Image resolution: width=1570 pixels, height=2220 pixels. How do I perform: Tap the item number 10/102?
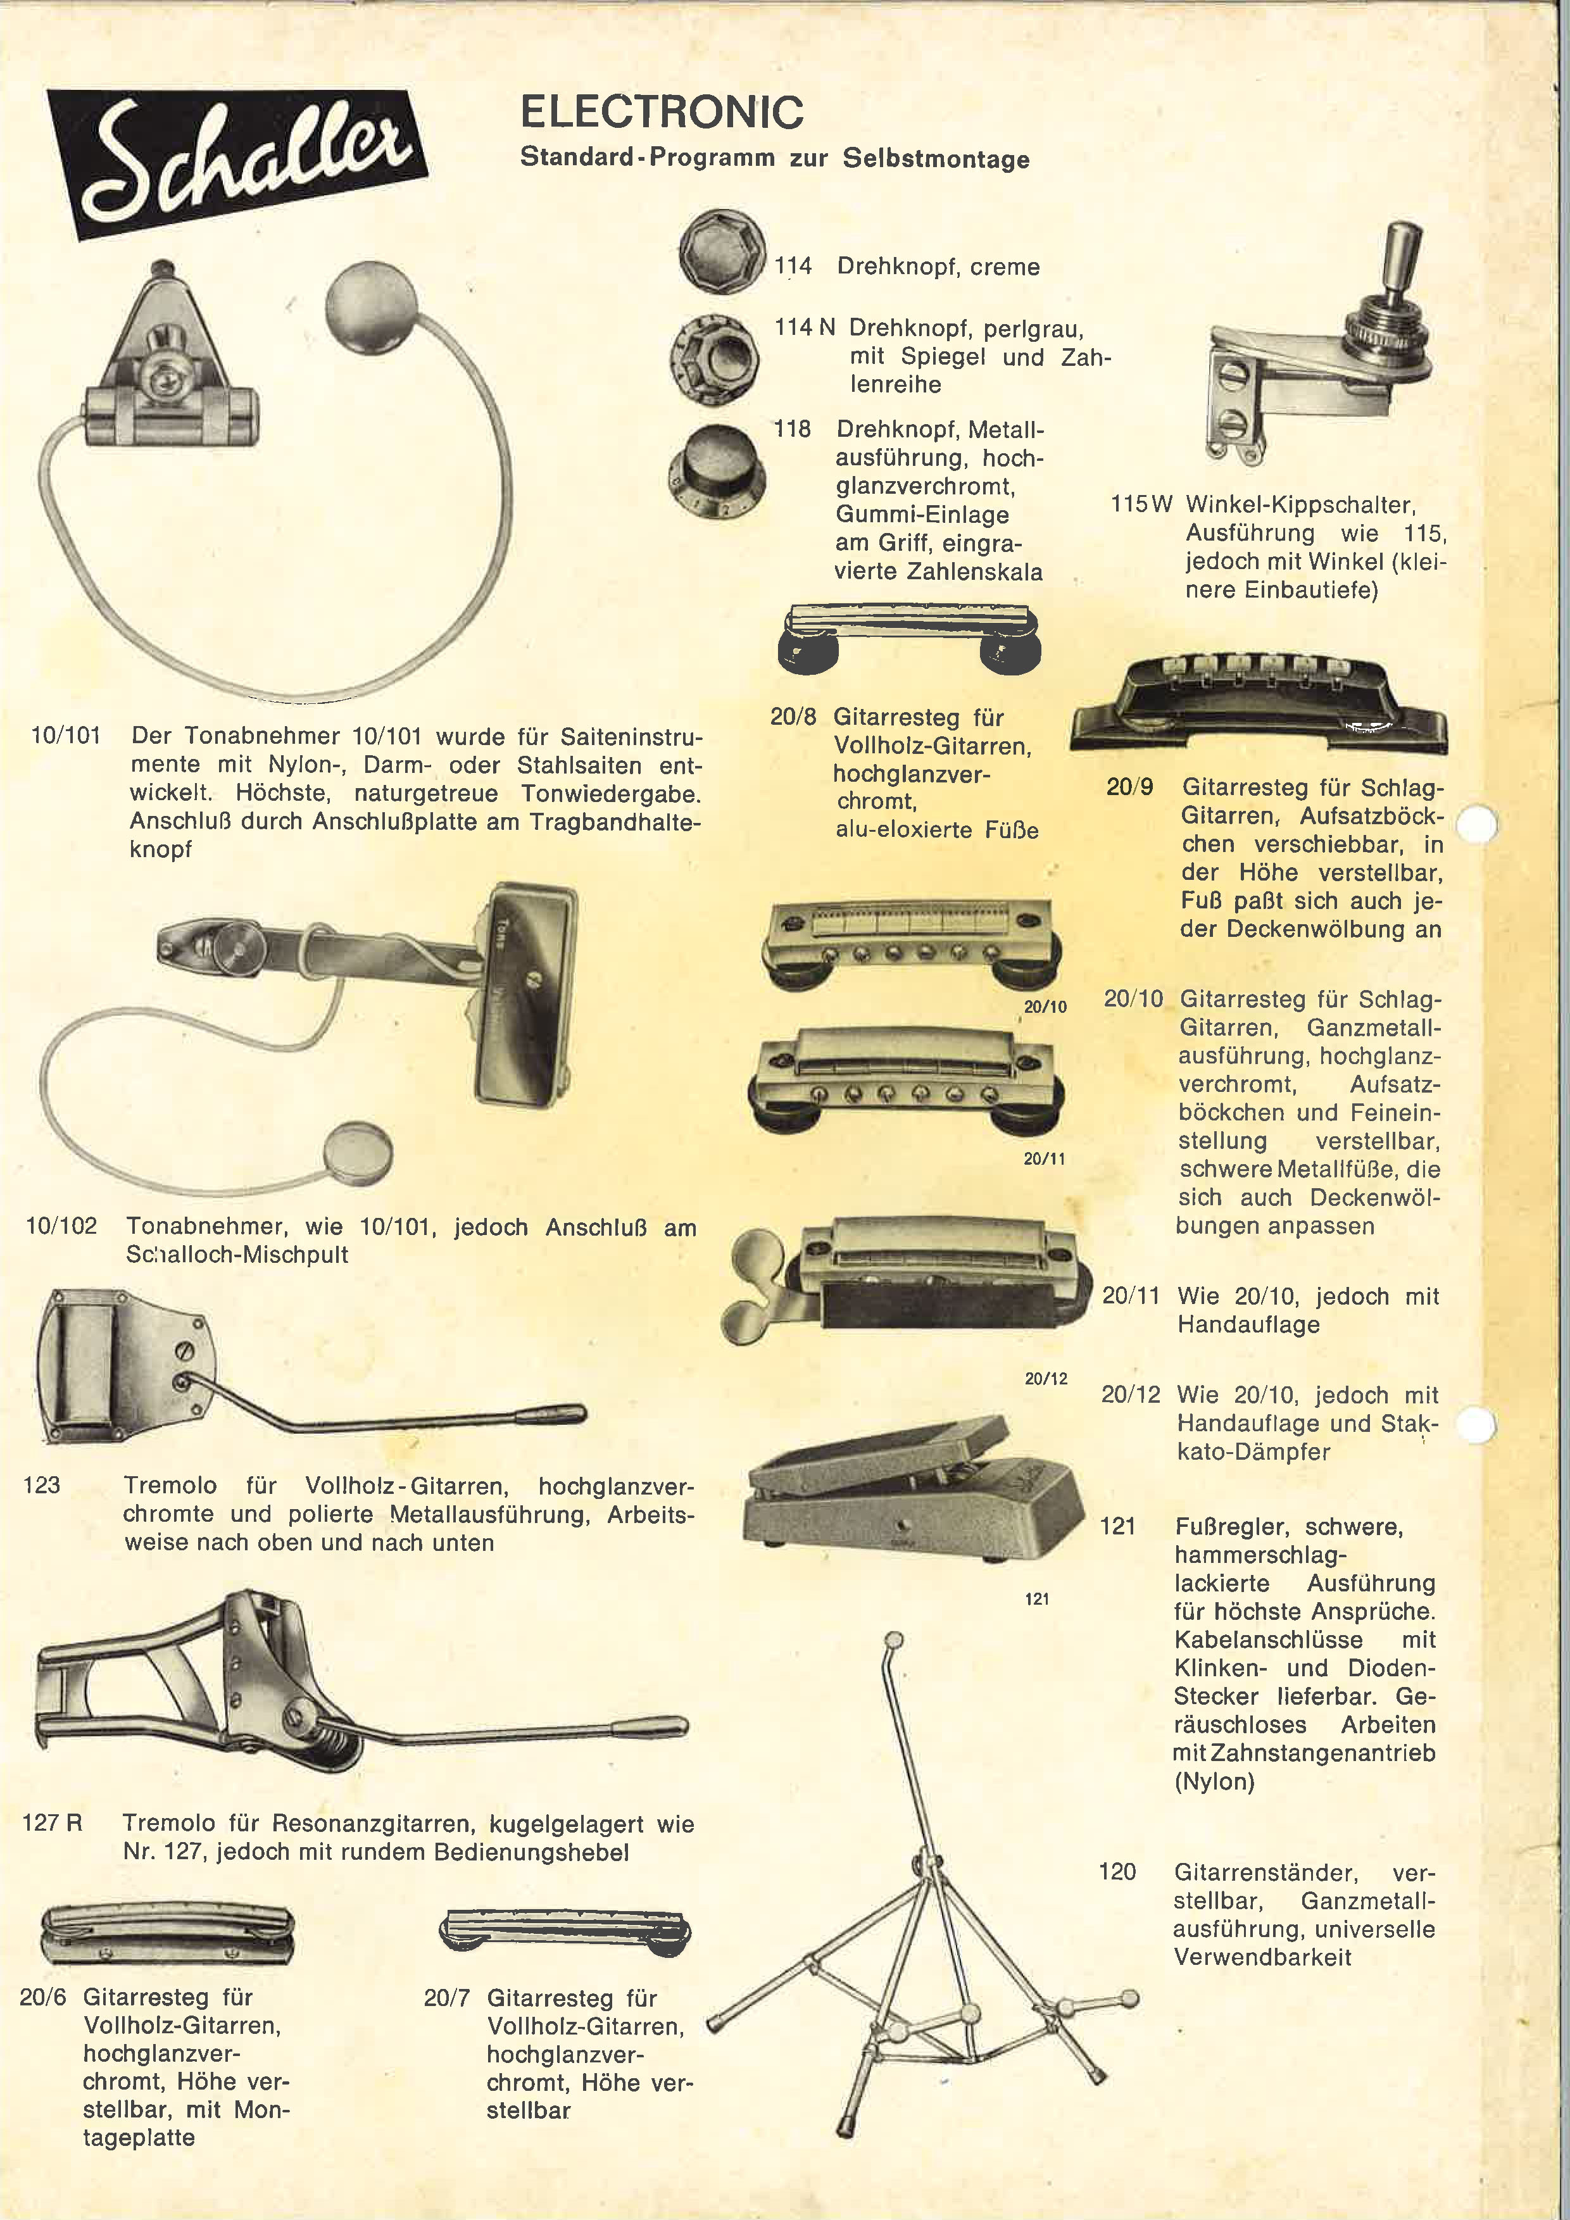[61, 1226]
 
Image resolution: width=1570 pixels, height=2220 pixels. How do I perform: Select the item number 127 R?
[52, 1822]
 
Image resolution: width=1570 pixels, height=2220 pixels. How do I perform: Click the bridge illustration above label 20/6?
[166, 1934]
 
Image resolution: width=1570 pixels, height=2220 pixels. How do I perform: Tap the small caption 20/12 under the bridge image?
[1045, 1379]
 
